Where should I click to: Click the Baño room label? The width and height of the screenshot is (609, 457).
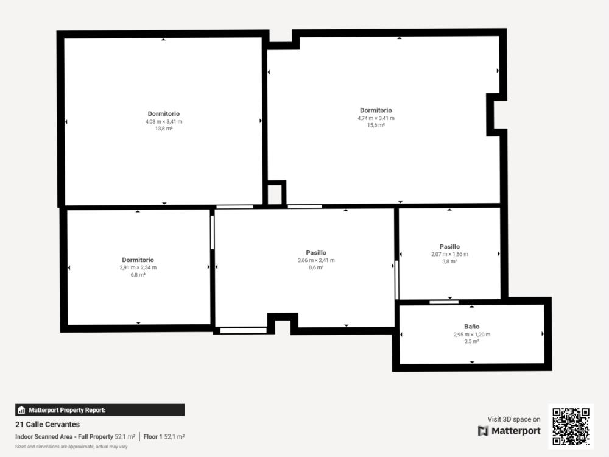point(471,327)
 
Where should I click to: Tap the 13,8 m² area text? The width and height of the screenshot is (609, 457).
point(163,129)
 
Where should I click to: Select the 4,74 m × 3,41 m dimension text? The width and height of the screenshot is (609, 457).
point(376,118)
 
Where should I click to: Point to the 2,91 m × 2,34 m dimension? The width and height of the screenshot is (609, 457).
point(138,267)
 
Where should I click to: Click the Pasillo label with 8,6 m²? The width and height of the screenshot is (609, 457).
point(315,253)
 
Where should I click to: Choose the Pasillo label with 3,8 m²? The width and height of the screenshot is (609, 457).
point(449,246)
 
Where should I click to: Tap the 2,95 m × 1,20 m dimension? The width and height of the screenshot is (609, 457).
point(471,334)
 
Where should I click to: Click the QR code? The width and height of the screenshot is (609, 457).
point(571,427)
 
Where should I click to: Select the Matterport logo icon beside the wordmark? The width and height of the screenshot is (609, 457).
point(483,431)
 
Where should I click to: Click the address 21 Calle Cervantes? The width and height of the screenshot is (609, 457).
point(48,424)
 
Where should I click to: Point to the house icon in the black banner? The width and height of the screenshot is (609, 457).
point(21,410)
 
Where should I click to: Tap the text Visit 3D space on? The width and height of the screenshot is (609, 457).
point(514,419)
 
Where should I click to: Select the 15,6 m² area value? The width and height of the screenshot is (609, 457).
point(376,125)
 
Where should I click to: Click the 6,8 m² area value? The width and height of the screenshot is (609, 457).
point(138,275)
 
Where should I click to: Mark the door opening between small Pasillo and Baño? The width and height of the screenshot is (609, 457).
point(444,302)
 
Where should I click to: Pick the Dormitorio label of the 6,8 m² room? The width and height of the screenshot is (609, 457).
point(138,260)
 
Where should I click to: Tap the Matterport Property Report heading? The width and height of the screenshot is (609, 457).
point(67,410)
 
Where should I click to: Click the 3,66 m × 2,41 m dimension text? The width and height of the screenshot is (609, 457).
point(315,260)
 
